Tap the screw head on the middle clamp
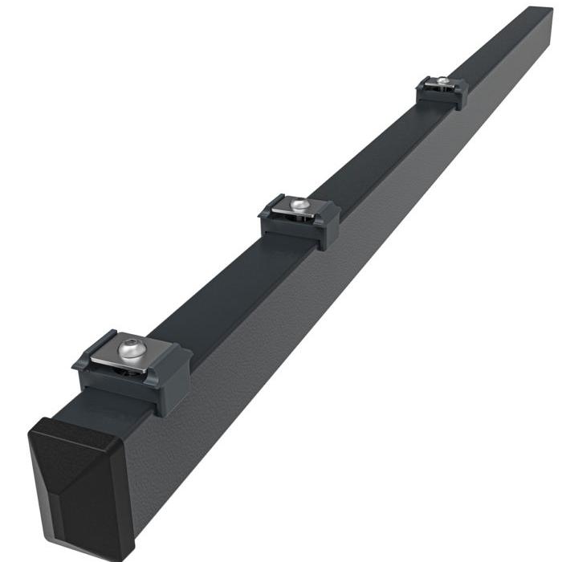coord(299,206)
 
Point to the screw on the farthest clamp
coord(442,80)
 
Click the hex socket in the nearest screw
coord(132,348)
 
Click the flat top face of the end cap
coord(76,434)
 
